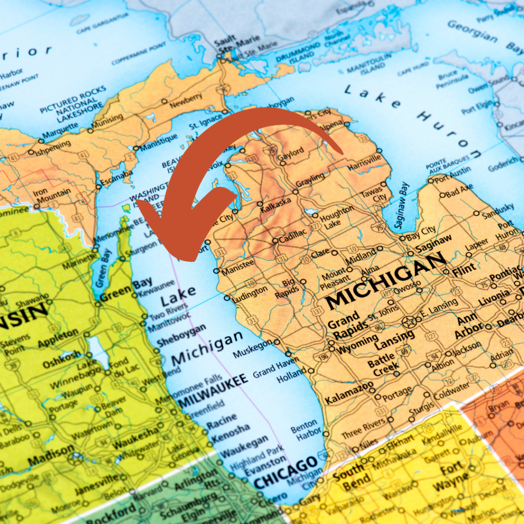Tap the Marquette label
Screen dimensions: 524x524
click(x=60, y=133)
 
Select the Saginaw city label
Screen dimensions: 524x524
click(x=433, y=243)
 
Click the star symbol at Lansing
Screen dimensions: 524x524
click(x=409, y=322)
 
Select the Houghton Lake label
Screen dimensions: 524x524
click(x=337, y=217)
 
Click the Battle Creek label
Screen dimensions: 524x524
click(x=381, y=364)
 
